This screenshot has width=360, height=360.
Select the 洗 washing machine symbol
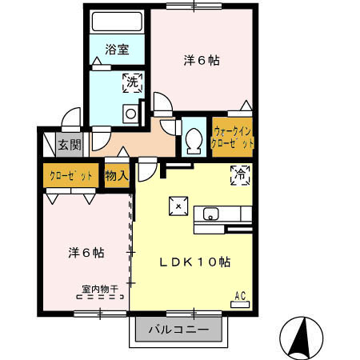coord(130,81)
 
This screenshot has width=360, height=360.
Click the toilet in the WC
coord(191,141)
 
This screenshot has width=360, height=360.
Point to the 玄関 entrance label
coord(68,145)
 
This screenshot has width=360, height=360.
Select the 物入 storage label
coord(116,174)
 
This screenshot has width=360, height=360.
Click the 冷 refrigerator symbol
coord(238,175)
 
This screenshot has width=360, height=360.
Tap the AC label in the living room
coord(239,295)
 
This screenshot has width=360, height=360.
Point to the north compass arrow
coord(303,337)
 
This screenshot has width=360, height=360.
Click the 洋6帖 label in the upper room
coord(202,59)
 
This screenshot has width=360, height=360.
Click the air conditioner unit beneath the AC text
coord(239,305)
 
